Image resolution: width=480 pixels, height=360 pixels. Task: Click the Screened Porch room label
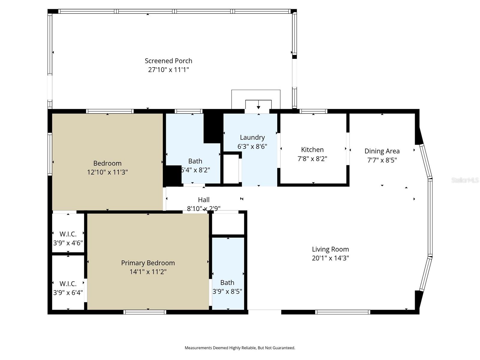(x=168, y=61)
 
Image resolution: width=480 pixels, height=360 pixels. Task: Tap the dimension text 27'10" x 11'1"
(x=168, y=70)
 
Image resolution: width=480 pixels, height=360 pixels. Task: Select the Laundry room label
(x=252, y=137)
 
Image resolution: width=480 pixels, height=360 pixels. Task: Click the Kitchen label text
(x=312, y=150)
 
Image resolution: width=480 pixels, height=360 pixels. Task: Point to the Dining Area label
(x=382, y=151)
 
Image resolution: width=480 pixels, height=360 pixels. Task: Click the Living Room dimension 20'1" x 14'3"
(x=330, y=258)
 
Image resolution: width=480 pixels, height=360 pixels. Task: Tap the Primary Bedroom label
(x=148, y=263)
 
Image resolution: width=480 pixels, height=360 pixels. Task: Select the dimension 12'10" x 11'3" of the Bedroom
(x=107, y=172)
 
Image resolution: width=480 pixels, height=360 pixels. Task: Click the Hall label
(x=204, y=200)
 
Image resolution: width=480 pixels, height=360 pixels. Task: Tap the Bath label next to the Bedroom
(x=195, y=161)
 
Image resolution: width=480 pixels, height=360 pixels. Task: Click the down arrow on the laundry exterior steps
(x=258, y=107)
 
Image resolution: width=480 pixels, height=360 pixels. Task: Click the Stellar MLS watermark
(x=465, y=180)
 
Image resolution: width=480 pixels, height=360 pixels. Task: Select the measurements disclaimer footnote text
(x=240, y=348)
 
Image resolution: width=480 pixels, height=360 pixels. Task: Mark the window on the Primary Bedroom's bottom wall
(x=145, y=312)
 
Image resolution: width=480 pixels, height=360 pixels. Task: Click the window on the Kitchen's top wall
(x=313, y=111)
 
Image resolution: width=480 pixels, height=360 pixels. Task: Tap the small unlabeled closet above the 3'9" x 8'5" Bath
(x=228, y=224)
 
